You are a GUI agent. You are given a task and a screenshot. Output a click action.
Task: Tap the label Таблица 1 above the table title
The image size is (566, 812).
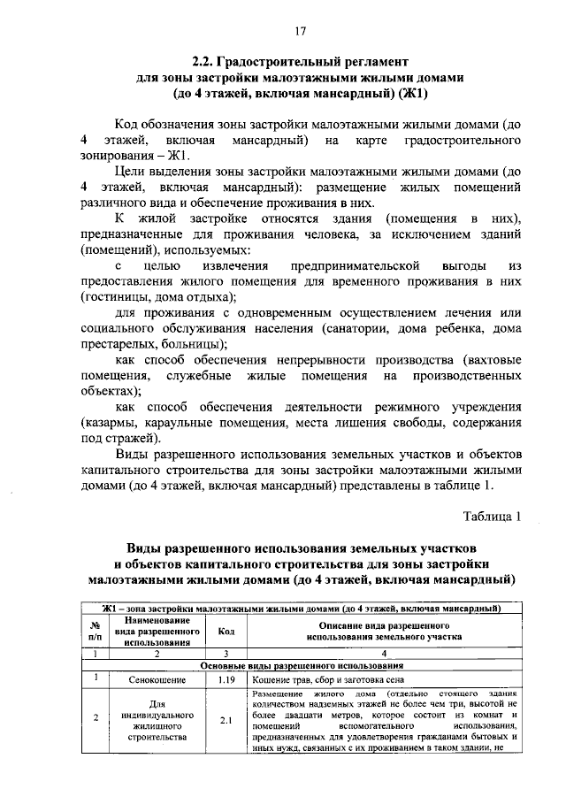click(x=493, y=516)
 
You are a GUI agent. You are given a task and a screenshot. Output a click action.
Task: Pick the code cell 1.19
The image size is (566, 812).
click(x=226, y=680)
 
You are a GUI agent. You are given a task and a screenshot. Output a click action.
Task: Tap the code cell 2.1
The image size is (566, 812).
click(x=226, y=720)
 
